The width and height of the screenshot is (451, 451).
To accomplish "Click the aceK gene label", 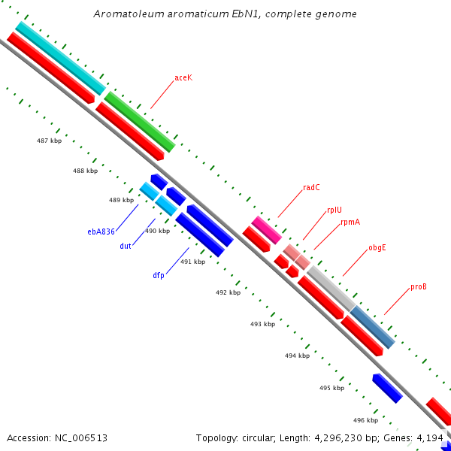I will coord(183,78).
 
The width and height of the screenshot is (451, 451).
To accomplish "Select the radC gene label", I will coord(312,188).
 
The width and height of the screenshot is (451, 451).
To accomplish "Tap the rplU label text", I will coord(334,210).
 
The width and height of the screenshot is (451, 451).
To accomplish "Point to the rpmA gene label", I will coord(350,222).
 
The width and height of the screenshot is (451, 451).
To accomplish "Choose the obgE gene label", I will coord(377,247).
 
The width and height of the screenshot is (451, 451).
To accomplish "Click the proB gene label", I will coord(419,287).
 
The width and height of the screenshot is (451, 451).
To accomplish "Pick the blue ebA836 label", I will coord(101,232).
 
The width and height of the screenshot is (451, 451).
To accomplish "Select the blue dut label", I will coord(126,246).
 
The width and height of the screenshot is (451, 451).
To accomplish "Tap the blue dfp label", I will coord(159,275).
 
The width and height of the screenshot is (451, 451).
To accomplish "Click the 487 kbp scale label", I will coord(49,141).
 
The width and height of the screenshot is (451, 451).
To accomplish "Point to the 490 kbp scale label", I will coord(157,232).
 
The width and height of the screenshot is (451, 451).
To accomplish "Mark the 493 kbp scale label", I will coord(262,324).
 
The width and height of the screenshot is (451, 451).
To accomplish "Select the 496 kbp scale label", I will coord(365,420).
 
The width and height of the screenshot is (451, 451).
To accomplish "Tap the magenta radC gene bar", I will coord(266,229).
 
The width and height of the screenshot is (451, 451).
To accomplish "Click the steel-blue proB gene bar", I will coord(373,327).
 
